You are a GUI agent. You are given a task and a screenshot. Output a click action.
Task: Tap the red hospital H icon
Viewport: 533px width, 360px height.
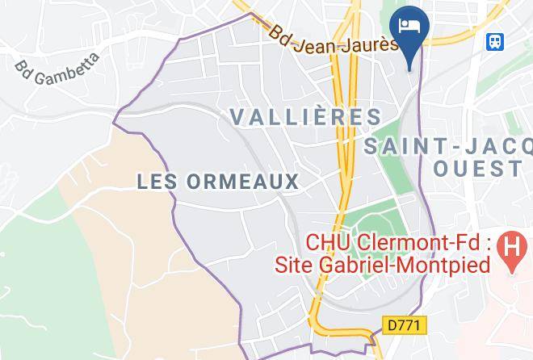pyautogui.click(x=510, y=242)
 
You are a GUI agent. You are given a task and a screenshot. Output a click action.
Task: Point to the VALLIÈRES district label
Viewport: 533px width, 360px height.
pyautogui.click(x=306, y=116)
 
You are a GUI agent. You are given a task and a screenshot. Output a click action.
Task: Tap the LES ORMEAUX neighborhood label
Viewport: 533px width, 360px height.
pyautogui.click(x=218, y=182)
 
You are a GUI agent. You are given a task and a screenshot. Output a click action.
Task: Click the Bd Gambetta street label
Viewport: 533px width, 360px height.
pyautogui.click(x=57, y=69)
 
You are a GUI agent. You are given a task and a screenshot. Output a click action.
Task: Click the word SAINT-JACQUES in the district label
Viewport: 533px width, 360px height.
pyautogui.click(x=448, y=147)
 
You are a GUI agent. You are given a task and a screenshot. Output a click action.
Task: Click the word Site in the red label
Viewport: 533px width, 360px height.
pyautogui.click(x=292, y=264)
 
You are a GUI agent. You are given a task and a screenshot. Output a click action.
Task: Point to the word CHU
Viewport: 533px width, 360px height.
pyautogui.click(x=321, y=242)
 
